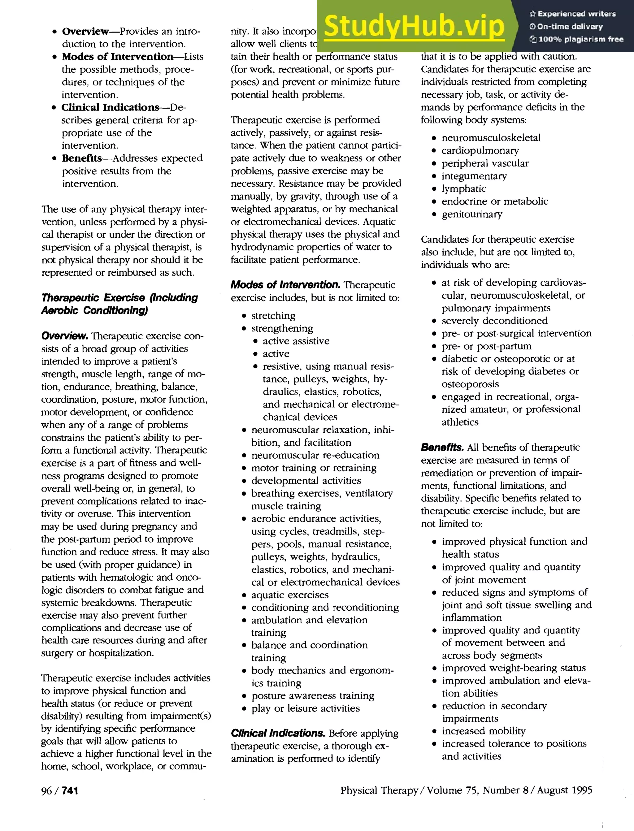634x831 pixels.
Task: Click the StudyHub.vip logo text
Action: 414,26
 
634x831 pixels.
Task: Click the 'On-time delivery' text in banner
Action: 570,26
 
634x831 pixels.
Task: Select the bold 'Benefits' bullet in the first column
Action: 82,158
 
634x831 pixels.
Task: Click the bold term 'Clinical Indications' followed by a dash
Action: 110,107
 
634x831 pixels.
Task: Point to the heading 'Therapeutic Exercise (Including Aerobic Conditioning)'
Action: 119,304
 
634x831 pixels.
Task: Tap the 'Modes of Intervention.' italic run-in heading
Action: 285,285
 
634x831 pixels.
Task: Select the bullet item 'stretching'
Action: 273,315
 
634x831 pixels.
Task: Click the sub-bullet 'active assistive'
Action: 296,341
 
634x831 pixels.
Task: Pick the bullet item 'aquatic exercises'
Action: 290,595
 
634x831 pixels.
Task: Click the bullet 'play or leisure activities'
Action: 305,708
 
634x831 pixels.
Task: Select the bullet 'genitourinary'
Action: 472,214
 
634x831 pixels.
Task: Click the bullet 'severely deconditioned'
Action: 494,321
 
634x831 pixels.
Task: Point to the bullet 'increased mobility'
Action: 484,731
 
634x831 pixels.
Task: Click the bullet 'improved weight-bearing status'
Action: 514,668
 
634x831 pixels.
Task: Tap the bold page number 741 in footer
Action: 70,790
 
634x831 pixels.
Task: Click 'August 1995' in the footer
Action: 565,790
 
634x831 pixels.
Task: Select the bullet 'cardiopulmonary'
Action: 480,150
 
